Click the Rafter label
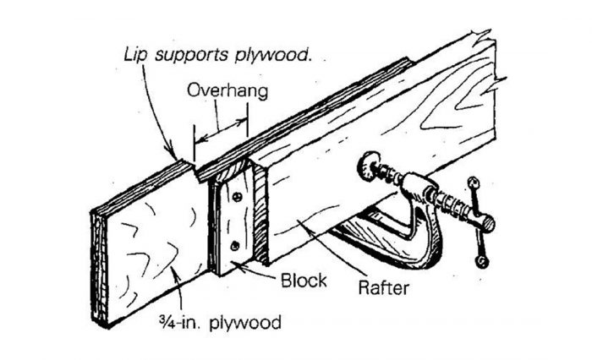click(x=381, y=288)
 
